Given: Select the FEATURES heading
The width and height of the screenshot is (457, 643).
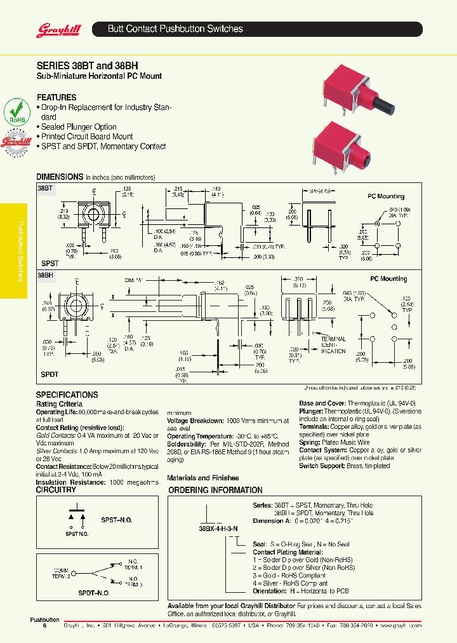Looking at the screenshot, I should click(x=56, y=97).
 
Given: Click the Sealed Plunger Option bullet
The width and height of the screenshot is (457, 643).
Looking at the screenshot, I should click(x=79, y=126).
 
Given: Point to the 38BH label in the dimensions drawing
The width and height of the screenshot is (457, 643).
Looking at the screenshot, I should click(x=46, y=276).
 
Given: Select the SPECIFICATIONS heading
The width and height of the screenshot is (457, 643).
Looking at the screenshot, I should click(x=67, y=395).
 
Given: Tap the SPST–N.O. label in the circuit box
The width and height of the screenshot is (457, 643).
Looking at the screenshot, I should click(x=117, y=520).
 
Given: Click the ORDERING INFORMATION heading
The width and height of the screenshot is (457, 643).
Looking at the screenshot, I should click(x=215, y=490).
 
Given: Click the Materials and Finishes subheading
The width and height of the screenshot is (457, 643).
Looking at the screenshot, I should click(x=202, y=478).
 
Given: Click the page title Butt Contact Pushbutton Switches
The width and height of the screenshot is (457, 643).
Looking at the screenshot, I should click(x=175, y=29).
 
